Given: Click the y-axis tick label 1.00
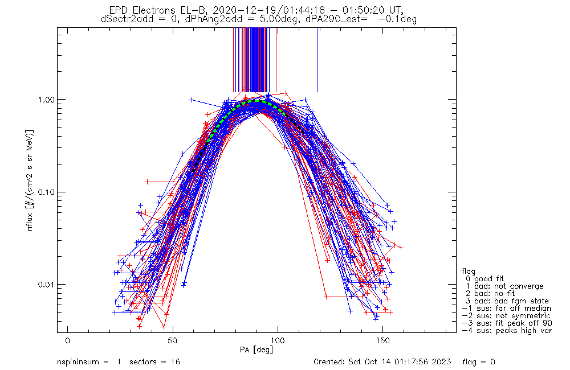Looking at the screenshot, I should point(48,100).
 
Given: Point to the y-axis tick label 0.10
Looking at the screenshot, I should point(48,192).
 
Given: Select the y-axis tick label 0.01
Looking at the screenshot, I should point(48,284).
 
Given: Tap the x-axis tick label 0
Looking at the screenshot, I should point(68,341).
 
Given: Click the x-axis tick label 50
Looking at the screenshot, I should point(173,341).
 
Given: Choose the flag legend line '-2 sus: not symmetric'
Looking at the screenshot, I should point(506,315).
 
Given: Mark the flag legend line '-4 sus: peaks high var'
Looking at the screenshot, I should point(507,330).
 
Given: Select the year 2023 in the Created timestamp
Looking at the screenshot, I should point(442,362).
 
